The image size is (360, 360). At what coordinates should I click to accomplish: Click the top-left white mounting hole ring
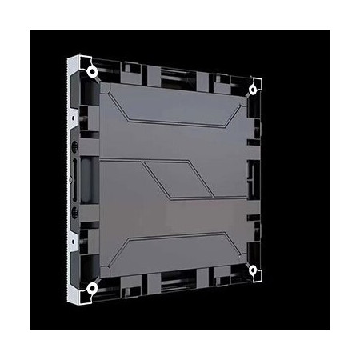tap(93, 71)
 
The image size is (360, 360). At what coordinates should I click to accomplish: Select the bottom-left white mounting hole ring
tap(93, 287)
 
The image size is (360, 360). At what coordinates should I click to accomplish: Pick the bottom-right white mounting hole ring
tap(254, 270)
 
